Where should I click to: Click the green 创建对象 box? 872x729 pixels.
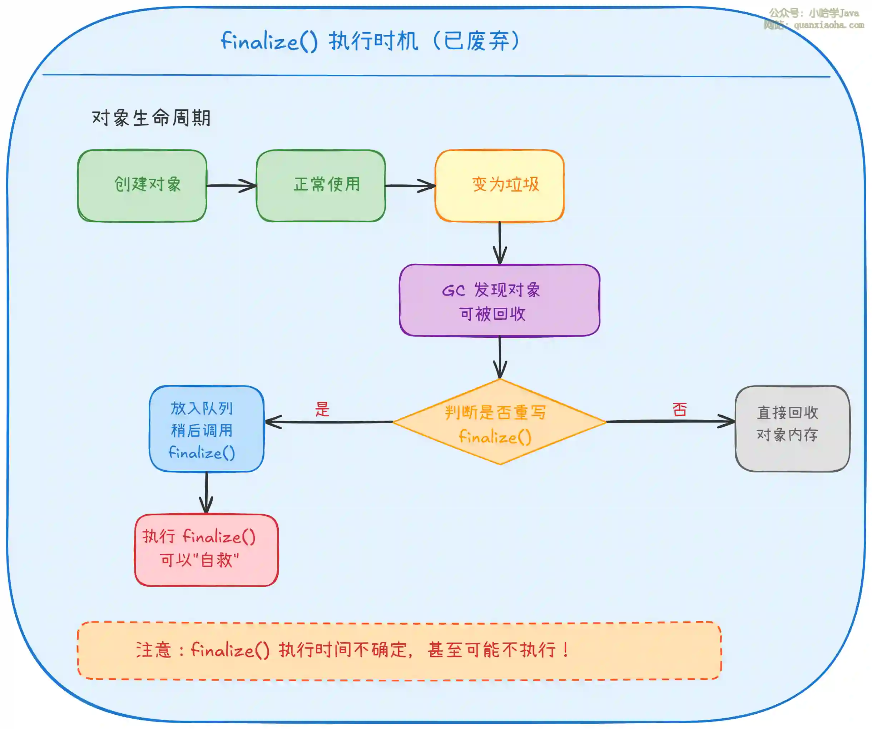142,185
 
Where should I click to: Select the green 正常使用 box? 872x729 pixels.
321,185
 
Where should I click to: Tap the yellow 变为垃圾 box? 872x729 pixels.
499,185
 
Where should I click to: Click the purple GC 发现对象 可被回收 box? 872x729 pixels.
499,300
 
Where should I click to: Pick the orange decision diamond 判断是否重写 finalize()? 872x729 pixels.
499,422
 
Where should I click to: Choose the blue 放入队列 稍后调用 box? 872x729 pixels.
206,429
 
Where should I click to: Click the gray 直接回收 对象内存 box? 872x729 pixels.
792,429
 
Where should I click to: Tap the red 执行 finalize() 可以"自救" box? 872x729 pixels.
206,550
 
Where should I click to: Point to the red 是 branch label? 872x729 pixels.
322,409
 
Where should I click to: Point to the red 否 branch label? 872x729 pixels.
680,409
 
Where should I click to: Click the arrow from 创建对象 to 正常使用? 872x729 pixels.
231,185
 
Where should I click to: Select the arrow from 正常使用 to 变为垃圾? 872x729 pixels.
410,185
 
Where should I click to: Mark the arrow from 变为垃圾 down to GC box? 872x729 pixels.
500,243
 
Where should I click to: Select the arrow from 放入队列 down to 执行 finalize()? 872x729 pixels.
206,493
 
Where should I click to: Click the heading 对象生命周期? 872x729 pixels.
151,118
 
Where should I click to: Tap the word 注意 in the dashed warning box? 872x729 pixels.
153,650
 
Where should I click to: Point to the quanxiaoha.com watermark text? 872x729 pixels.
828,25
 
